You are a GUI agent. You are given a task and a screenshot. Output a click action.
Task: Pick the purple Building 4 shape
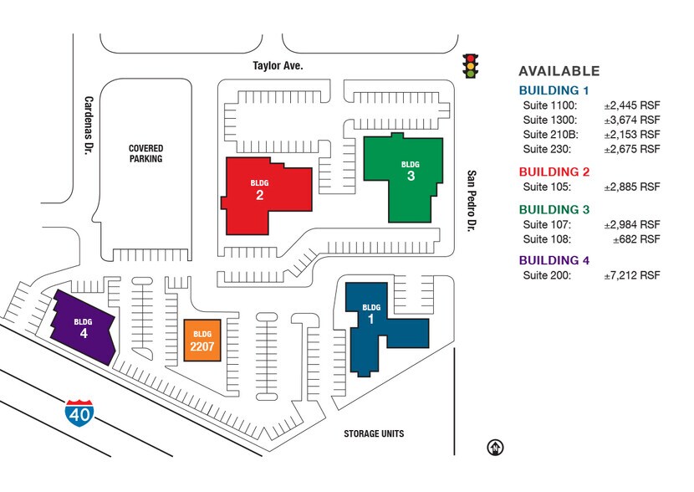pyautogui.click(x=84, y=328)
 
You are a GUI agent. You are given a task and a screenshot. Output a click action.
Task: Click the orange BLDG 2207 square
pyautogui.click(x=202, y=340)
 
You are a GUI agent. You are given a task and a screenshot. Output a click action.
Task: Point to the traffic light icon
pyautogui.click(x=471, y=66)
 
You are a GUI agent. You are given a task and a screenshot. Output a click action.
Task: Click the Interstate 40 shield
pyautogui.click(x=79, y=413)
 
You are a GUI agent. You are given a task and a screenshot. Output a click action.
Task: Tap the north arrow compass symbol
pyautogui.click(x=495, y=448)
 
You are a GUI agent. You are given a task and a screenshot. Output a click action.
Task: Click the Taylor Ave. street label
pyautogui.click(x=278, y=65)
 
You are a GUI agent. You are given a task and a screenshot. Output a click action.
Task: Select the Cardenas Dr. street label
pyautogui.click(x=89, y=126)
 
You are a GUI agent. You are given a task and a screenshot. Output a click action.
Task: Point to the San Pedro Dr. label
pyautogui.click(x=472, y=201)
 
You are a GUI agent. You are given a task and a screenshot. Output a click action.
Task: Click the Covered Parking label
pyautogui.click(x=145, y=153)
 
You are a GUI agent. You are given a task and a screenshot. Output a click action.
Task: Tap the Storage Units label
pyautogui.click(x=374, y=433)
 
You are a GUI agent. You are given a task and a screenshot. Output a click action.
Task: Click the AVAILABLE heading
pyautogui.click(x=559, y=71)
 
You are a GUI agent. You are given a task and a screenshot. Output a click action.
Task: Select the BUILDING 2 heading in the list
pyautogui.click(x=554, y=172)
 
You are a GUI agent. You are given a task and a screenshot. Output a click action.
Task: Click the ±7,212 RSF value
pyautogui.click(x=632, y=275)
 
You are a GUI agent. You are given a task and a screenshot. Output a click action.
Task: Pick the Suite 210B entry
pyautogui.click(x=550, y=135)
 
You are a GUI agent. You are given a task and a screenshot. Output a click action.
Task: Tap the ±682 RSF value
pyautogui.click(x=636, y=239)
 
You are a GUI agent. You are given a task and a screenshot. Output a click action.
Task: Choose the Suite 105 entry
pyautogui.click(x=547, y=187)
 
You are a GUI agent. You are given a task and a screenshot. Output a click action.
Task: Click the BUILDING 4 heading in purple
pyautogui.click(x=554, y=260)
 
